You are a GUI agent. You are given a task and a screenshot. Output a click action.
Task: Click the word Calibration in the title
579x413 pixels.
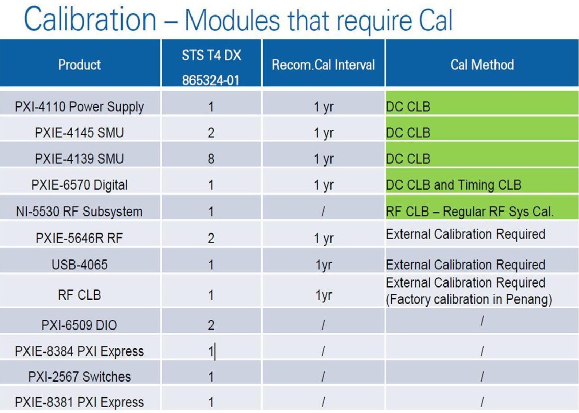[90, 18]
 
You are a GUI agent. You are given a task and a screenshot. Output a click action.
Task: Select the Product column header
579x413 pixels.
[79, 65]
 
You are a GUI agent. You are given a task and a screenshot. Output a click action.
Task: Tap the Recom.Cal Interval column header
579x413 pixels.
[323, 65]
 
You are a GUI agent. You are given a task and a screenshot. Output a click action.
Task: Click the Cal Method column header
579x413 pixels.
[482, 65]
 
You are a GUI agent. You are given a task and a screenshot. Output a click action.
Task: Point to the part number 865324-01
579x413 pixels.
[211, 80]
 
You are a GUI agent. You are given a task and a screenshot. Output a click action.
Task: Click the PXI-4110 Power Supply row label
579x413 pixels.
[79, 107]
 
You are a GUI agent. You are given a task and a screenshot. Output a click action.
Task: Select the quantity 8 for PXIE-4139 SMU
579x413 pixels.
[211, 159]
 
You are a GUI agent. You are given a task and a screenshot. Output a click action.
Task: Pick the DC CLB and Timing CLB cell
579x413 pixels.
[453, 185]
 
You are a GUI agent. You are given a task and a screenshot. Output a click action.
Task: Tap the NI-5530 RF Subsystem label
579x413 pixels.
[79, 211]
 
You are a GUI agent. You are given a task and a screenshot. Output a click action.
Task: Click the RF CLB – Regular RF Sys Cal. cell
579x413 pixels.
[470, 211]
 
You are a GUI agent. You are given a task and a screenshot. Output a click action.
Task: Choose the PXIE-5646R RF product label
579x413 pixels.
[79, 238]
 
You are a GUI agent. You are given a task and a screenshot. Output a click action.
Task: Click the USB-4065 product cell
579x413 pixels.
[79, 265]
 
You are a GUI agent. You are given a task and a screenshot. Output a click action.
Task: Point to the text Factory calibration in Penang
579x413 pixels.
[469, 299]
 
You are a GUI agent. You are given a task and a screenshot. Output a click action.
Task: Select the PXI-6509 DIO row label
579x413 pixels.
[79, 325]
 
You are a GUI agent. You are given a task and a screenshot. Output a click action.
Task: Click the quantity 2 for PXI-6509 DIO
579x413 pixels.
[211, 325]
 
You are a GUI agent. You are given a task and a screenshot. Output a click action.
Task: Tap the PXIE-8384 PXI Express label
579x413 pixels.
[79, 351]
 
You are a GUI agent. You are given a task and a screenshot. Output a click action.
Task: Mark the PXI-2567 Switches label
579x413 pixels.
[79, 376]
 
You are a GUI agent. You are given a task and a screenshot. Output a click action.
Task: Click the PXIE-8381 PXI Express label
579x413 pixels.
[79, 402]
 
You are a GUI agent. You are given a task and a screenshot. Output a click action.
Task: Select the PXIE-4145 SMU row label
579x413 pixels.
[79, 133]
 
